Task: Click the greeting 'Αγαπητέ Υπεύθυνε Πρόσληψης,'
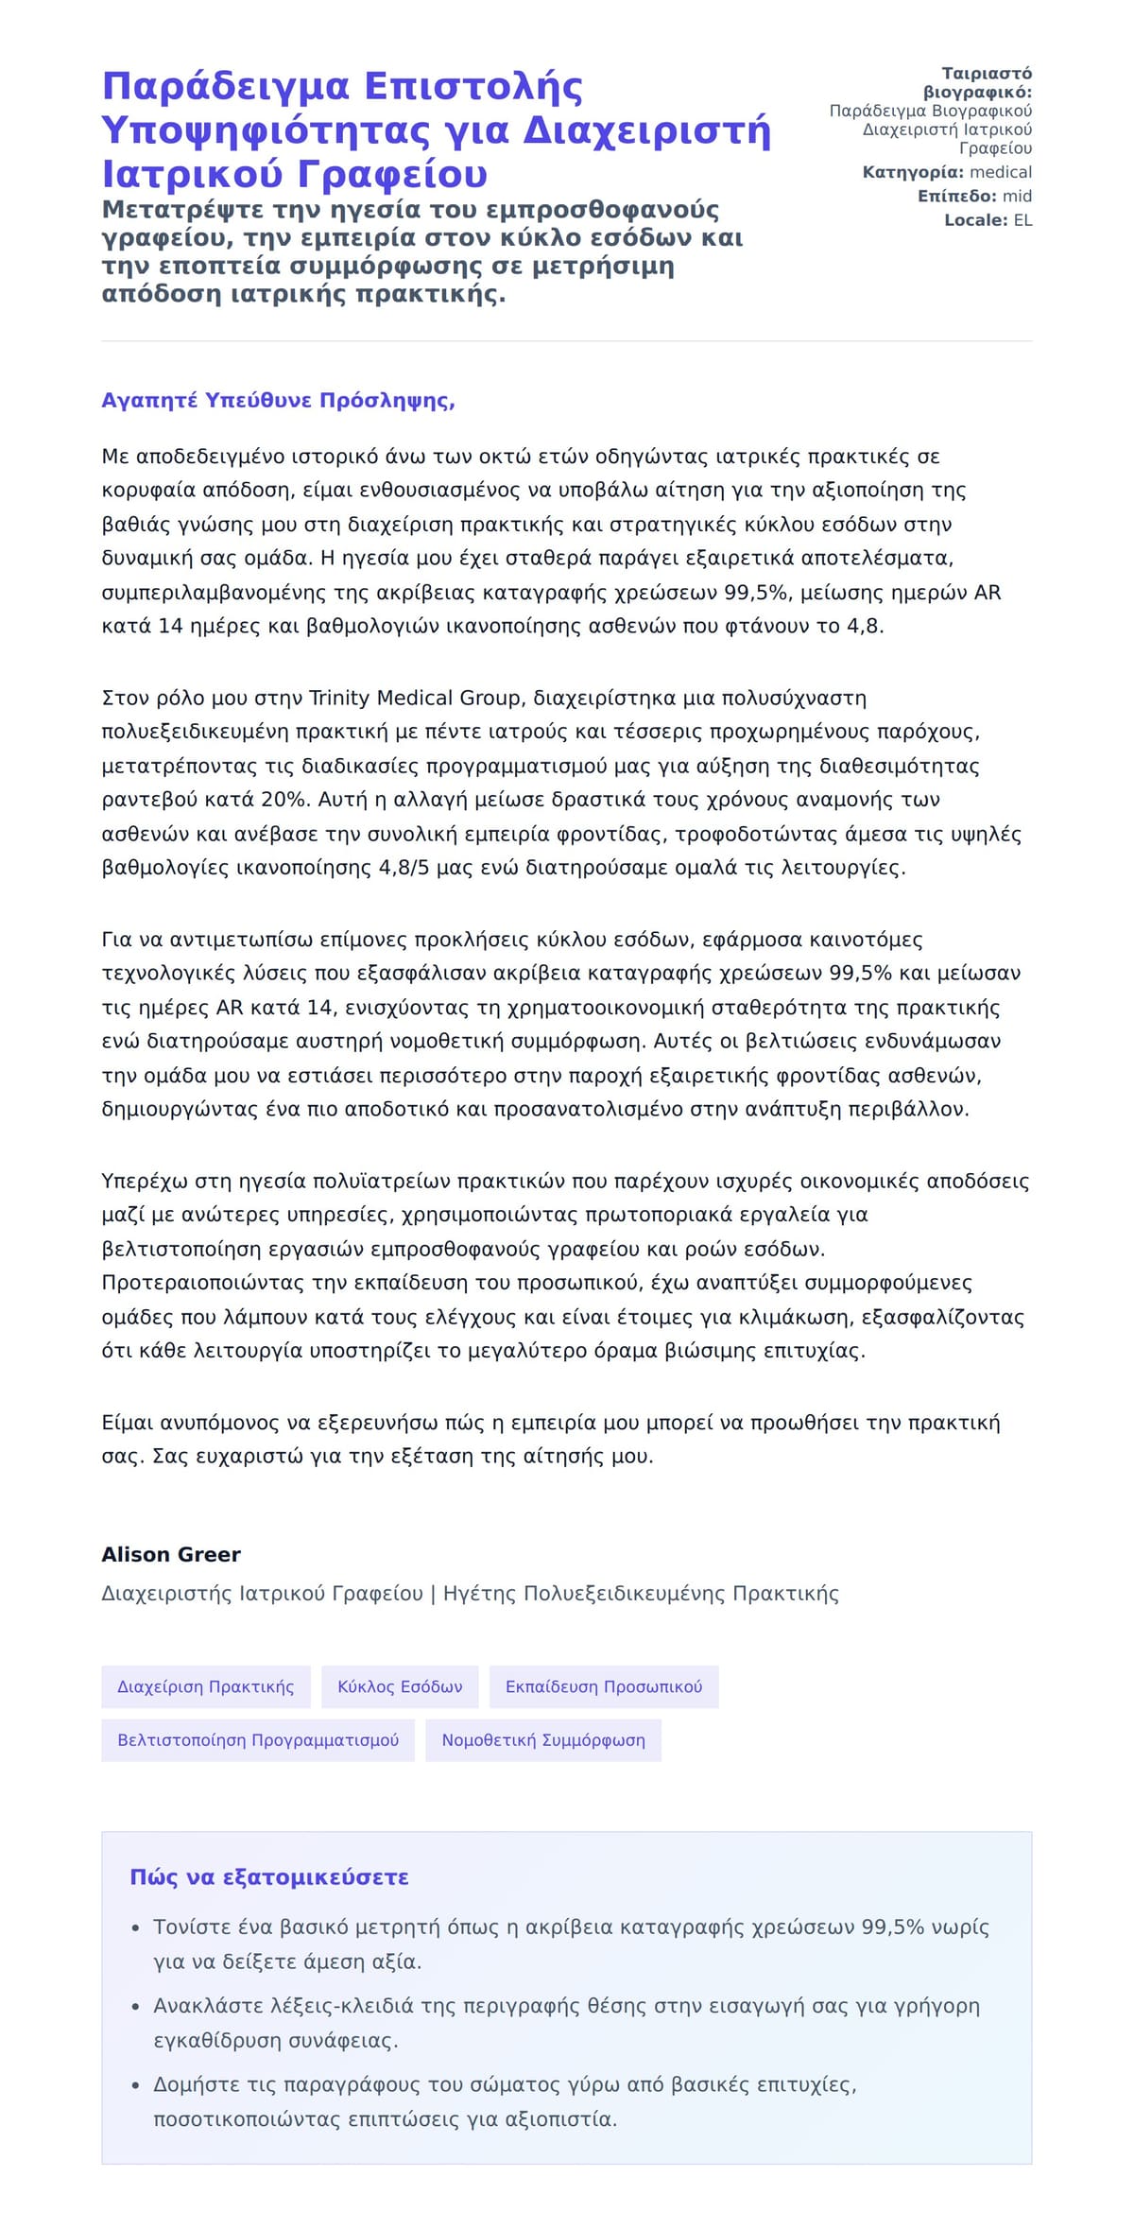[278, 401]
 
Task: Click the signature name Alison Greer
[171, 1554]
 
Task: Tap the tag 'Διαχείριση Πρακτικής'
[206, 1686]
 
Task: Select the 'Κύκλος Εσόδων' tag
[400, 1686]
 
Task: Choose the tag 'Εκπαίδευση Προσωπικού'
[604, 1686]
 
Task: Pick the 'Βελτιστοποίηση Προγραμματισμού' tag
[258, 1740]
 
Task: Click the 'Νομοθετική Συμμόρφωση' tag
[543, 1740]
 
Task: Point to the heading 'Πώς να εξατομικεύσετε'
[269, 1877]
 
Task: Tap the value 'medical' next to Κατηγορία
[1001, 172]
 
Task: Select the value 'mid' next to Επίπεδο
[1017, 197]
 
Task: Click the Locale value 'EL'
[1022, 220]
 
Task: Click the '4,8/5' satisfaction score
[404, 868]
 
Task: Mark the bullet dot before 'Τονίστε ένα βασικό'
[135, 1927]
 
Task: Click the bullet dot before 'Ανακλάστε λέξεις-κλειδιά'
[135, 2007]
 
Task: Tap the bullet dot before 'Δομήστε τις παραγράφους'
[135, 2085]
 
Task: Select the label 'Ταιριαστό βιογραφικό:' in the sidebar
[978, 83]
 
